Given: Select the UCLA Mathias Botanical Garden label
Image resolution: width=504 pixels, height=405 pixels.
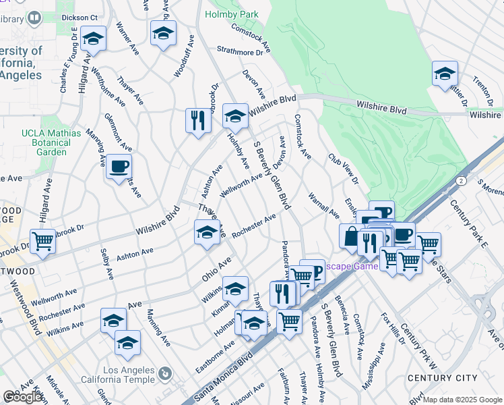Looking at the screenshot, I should point(46,142).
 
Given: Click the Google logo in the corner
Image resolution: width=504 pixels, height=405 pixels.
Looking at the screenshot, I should point(22,398).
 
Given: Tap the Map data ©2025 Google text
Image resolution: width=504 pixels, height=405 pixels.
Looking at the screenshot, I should point(462,400).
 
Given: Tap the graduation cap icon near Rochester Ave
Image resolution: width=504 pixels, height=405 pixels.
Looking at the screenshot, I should point(207,233).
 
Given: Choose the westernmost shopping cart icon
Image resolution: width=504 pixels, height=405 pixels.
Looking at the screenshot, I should point(43,240).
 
